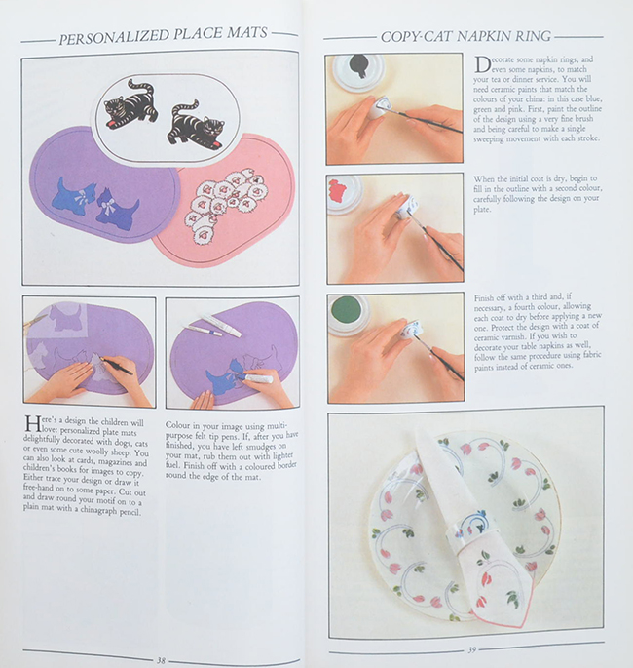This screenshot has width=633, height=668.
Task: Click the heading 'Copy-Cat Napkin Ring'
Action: pyautogui.click(x=465, y=36)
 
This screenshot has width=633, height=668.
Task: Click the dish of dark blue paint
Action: pyautogui.click(x=355, y=67)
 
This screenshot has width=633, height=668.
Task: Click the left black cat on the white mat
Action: pyautogui.click(x=131, y=104)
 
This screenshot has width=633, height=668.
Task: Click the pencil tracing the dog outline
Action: pyautogui.click(x=116, y=364)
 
